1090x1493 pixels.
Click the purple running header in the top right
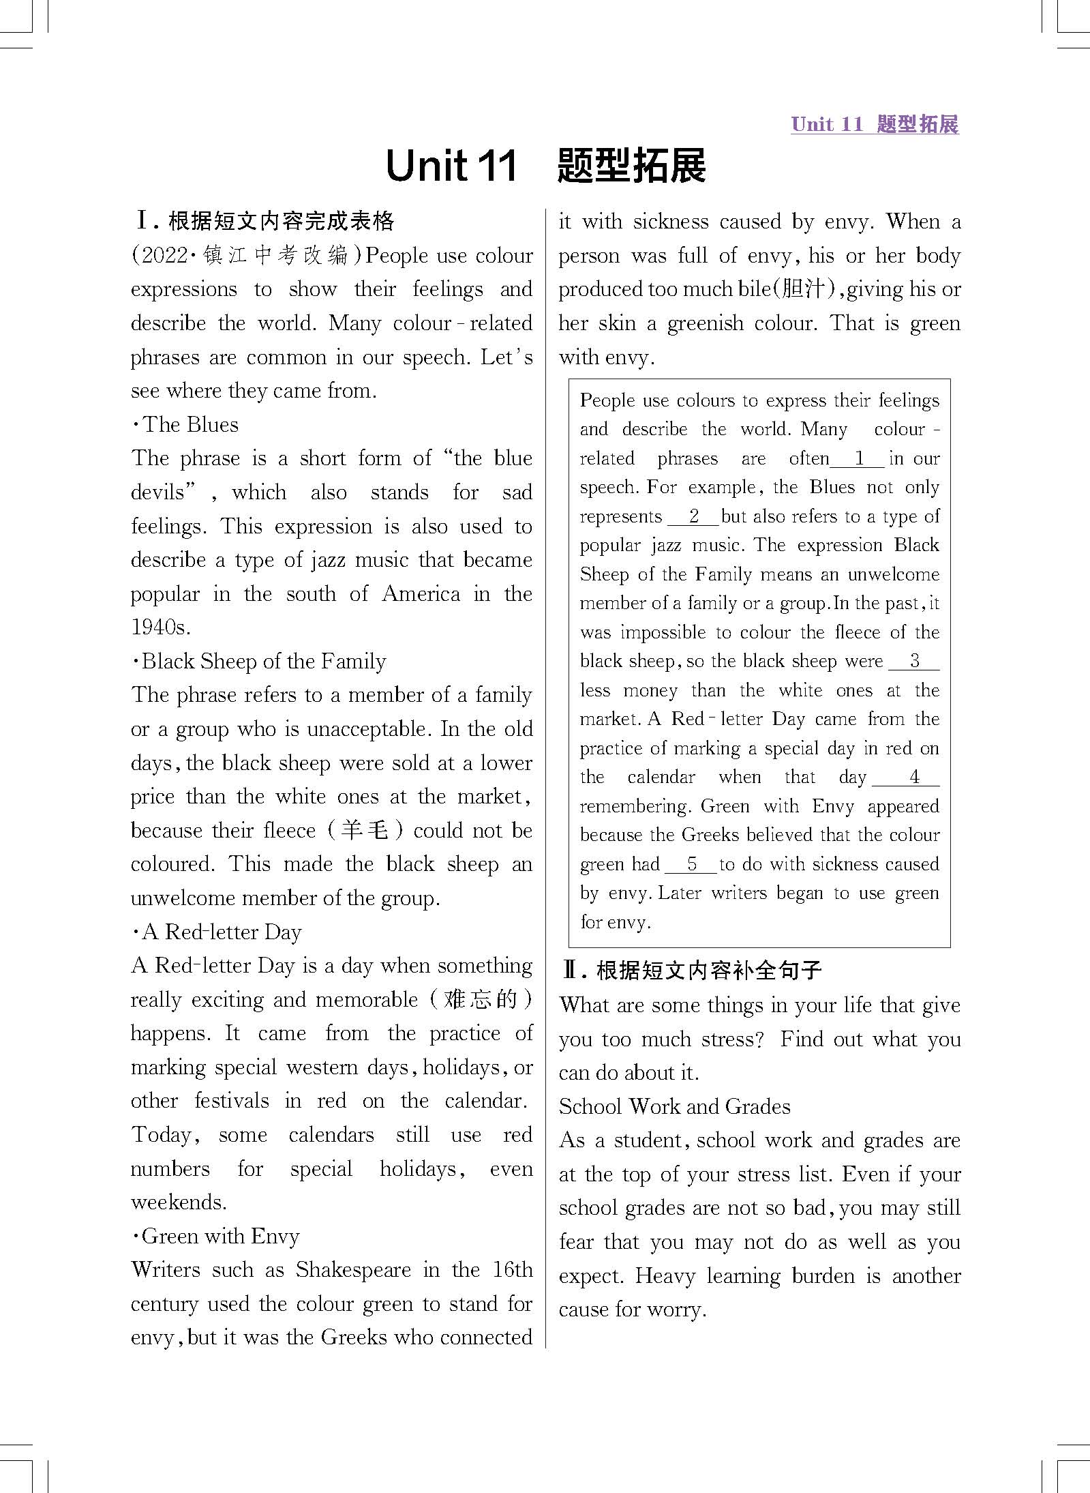click(x=874, y=124)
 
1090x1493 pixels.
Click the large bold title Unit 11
click(x=451, y=166)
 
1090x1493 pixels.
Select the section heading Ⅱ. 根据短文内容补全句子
click(x=692, y=970)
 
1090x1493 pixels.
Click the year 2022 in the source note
click(x=163, y=256)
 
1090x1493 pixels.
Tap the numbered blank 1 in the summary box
click(x=858, y=458)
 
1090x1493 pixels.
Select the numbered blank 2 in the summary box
click(x=693, y=516)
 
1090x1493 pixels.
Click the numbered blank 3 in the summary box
click(x=914, y=661)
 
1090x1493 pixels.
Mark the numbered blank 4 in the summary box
click(x=913, y=777)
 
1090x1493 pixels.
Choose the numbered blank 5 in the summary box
click(x=691, y=864)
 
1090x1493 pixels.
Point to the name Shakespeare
click(x=353, y=1270)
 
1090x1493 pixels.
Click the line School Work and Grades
click(x=674, y=1106)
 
